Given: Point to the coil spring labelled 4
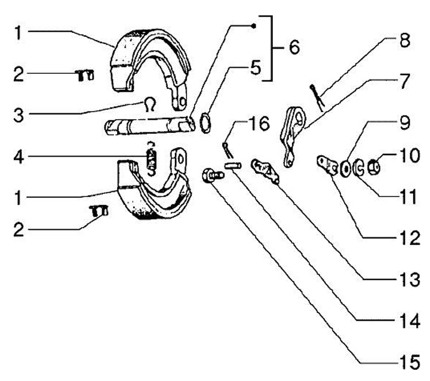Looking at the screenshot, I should pos(152,160).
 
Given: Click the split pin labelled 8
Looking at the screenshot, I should pos(317,97).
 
